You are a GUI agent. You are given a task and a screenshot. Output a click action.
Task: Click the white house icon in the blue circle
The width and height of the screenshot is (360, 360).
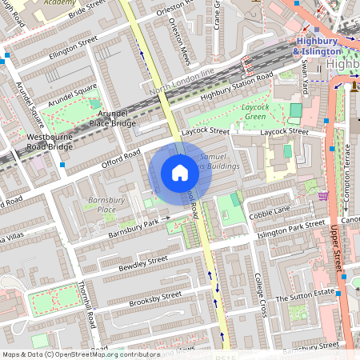click(180, 172)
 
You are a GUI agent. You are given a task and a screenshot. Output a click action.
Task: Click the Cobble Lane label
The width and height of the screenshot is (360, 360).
click(270, 212)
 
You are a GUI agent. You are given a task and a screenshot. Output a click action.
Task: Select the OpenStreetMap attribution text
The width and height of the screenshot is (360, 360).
click(80, 354)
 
